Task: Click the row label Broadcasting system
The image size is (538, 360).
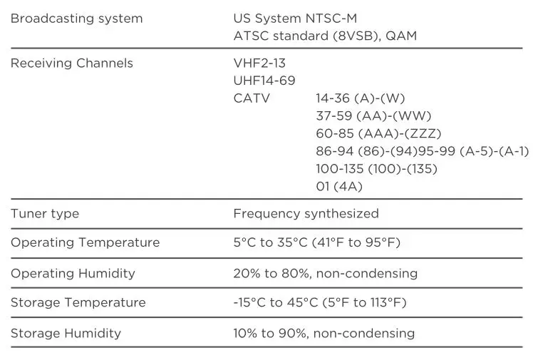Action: point(76,19)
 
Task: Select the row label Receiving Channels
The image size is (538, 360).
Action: point(71,63)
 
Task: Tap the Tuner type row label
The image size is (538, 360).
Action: point(45,214)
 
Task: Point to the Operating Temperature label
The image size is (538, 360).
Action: point(85,243)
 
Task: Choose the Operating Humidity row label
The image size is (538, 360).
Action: point(73,274)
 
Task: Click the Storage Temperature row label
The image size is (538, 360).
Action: point(78,303)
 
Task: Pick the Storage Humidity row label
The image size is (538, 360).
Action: point(66,334)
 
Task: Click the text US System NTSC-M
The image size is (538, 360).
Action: point(294,19)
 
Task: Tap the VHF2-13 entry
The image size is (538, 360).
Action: point(259,63)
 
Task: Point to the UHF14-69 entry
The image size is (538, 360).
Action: point(264,81)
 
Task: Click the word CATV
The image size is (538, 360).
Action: point(252,98)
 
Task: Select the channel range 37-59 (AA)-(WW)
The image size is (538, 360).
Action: point(373,116)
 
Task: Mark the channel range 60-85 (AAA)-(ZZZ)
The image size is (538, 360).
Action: point(378,133)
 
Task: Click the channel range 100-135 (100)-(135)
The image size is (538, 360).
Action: point(376,169)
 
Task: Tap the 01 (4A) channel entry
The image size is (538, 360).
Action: point(339,187)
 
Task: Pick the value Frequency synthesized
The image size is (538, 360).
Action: point(306,214)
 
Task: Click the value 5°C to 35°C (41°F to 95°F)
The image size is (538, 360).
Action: point(316,243)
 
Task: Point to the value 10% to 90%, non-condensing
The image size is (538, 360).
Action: point(324,334)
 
